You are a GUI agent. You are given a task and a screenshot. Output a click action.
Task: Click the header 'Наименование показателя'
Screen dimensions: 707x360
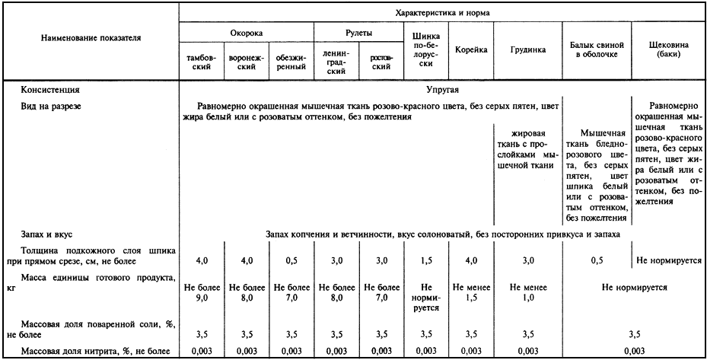[91, 37]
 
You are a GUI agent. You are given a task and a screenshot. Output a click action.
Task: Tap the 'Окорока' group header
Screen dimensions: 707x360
[247, 33]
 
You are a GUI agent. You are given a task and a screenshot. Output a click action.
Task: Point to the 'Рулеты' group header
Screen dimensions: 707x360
[358, 33]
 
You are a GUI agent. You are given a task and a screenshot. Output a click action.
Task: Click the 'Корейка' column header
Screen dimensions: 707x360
[471, 50]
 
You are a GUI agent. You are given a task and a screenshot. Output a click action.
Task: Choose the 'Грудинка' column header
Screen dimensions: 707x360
[527, 50]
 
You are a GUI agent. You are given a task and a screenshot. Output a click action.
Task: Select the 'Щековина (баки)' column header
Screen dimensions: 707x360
[669, 50]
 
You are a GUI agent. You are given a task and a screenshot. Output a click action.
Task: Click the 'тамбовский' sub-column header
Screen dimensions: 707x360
[202, 62]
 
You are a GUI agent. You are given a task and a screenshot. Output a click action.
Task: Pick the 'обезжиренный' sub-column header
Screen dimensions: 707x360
[291, 62]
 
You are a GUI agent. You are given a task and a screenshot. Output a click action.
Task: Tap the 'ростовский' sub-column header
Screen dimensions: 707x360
[381, 62]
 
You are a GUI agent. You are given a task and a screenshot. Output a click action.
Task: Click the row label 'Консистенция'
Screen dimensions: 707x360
[50, 90]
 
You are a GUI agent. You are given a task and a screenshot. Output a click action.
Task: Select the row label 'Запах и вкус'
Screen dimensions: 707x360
[47, 235]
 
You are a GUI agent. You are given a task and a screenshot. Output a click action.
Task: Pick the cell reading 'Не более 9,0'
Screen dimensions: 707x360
[202, 293]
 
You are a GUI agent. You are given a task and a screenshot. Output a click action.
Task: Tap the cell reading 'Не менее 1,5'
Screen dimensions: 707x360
[471, 293]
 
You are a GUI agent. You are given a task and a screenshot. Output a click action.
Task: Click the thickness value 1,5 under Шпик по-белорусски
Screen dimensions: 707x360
[426, 261]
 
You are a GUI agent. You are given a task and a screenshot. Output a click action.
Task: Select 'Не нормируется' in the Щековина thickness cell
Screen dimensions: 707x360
[669, 261]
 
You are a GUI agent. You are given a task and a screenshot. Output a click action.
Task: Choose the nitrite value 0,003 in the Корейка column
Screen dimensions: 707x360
[471, 351]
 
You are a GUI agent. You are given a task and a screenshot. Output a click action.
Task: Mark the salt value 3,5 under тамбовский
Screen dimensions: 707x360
[202, 333]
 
